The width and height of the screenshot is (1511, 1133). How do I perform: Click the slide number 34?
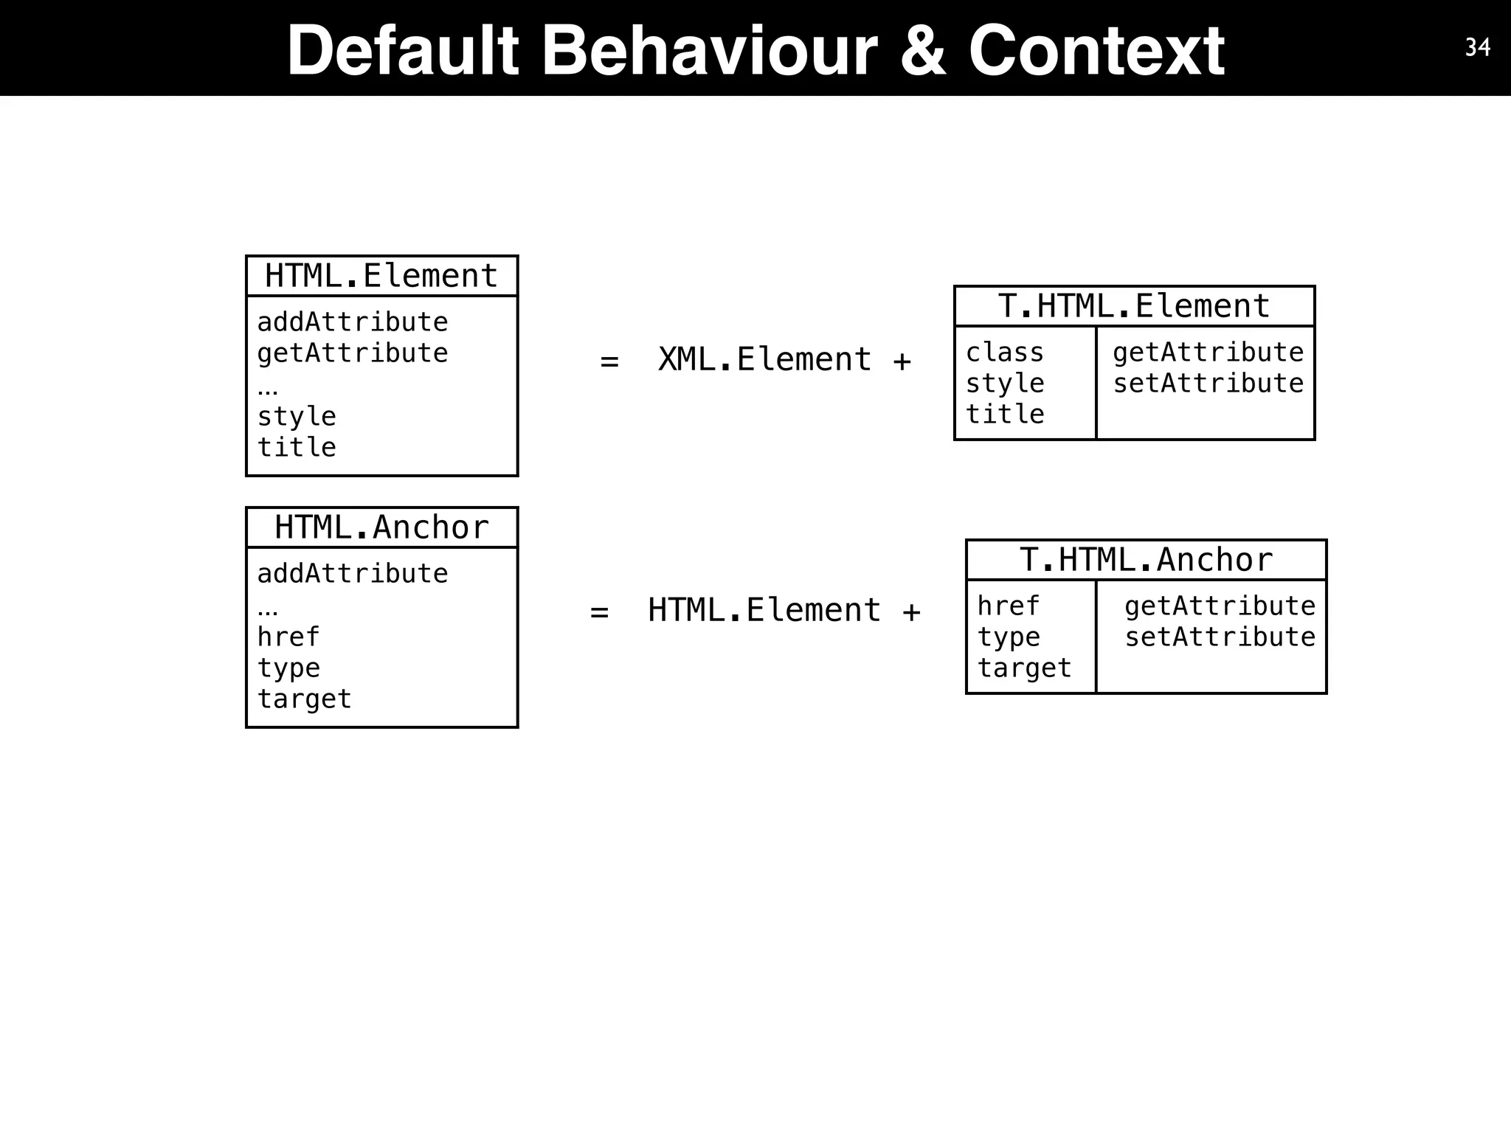tap(1477, 48)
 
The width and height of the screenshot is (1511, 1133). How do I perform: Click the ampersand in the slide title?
tap(923, 51)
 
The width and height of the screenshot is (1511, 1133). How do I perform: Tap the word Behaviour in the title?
tap(709, 51)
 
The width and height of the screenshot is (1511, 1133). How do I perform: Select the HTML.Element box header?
tap(381, 276)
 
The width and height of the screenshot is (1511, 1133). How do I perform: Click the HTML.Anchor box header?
tap(381, 527)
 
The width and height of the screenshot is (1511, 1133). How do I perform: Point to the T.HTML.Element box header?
tap(1134, 306)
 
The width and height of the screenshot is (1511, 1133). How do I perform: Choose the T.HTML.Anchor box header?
tap(1146, 560)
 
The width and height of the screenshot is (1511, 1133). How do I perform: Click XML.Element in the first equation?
tap(764, 360)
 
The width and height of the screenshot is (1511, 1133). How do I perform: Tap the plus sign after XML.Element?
tap(902, 361)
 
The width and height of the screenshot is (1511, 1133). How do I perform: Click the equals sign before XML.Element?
tap(609, 361)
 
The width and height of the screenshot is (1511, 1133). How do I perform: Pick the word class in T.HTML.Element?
tap(1005, 353)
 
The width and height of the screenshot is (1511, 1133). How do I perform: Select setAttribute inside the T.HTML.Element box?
tap(1208, 384)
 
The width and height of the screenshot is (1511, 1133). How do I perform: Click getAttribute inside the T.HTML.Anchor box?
tap(1220, 606)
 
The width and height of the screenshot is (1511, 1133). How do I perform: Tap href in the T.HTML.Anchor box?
tap(1008, 606)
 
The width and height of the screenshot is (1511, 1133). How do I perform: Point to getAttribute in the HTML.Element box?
tap(352, 353)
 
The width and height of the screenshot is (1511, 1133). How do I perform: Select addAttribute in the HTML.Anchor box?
tap(352, 574)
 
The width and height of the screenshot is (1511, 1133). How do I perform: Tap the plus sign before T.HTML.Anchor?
tap(911, 612)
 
